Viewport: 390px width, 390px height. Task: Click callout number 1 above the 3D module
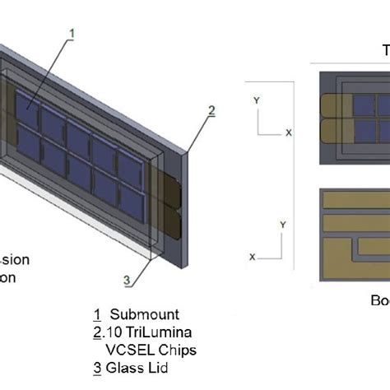coord(72,34)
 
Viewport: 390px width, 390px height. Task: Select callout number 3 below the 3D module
coord(128,281)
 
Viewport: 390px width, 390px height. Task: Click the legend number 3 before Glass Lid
coord(99,369)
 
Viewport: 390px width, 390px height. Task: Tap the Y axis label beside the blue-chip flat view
coord(258,100)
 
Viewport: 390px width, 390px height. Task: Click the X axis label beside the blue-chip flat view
coord(289,132)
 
